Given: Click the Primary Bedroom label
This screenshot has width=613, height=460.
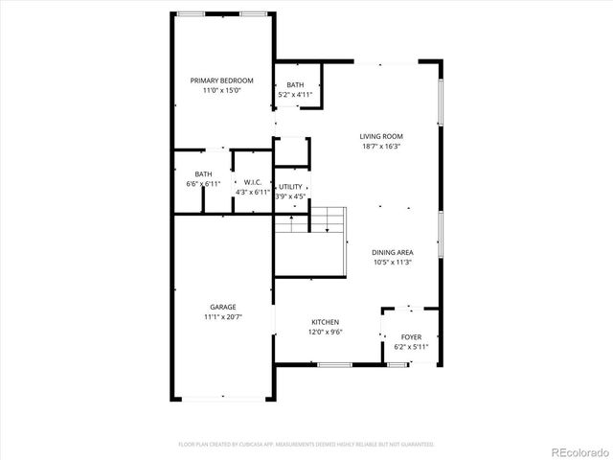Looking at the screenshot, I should point(221,80).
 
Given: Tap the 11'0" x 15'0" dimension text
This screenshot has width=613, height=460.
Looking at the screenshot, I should point(221,90).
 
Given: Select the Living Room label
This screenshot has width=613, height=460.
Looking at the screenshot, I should point(380,136).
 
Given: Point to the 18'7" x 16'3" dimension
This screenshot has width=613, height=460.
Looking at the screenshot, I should point(380,147).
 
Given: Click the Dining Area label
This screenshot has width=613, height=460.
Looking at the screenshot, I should point(393,251).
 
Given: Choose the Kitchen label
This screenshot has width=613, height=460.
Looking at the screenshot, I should point(325,322).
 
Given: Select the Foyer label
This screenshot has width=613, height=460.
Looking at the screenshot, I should point(411,336).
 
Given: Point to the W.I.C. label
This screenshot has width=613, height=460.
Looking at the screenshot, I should point(253,182).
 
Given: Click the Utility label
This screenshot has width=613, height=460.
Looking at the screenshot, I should point(290,186).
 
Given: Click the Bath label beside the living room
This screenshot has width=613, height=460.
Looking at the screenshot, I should point(295,84).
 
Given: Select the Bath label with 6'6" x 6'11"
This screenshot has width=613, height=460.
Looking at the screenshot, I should point(203,173).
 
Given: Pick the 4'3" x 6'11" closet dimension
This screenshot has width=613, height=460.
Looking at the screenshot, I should point(253,193).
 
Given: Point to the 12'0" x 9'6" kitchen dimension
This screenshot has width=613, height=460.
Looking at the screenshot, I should point(325,333).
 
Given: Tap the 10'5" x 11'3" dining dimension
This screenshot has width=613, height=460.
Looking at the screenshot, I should point(393,262).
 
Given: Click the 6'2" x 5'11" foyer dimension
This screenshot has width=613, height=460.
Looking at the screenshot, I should point(411,347).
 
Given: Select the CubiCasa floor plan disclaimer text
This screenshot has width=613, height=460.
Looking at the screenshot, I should point(306,445).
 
